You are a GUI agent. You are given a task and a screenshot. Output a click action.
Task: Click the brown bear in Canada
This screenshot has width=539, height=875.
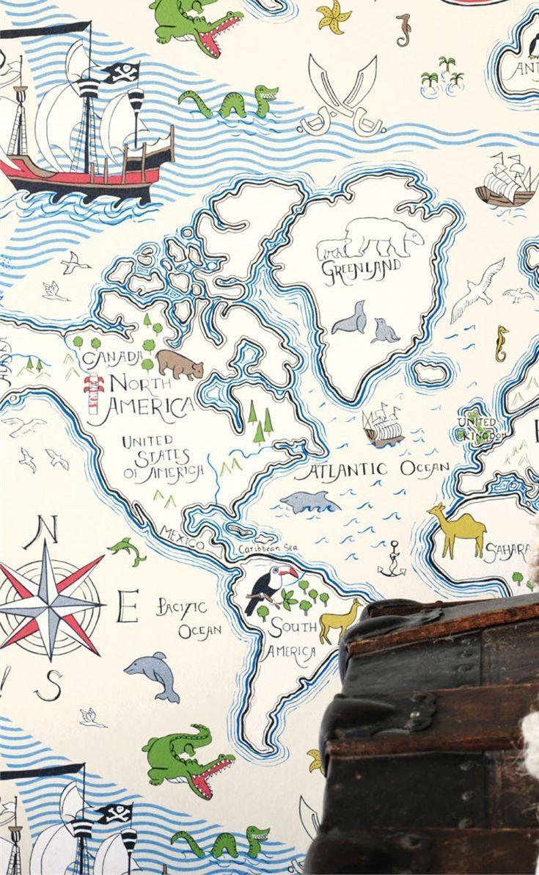click(x=179, y=363)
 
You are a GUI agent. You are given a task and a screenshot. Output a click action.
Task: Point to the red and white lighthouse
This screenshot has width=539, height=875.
click(x=94, y=397)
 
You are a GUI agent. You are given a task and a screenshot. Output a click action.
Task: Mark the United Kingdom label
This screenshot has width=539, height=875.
click(x=479, y=428)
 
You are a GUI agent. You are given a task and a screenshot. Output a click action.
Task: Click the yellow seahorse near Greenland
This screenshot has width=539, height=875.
click(x=502, y=343)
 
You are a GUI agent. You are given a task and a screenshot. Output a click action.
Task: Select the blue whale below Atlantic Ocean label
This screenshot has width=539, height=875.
click(x=309, y=502)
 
